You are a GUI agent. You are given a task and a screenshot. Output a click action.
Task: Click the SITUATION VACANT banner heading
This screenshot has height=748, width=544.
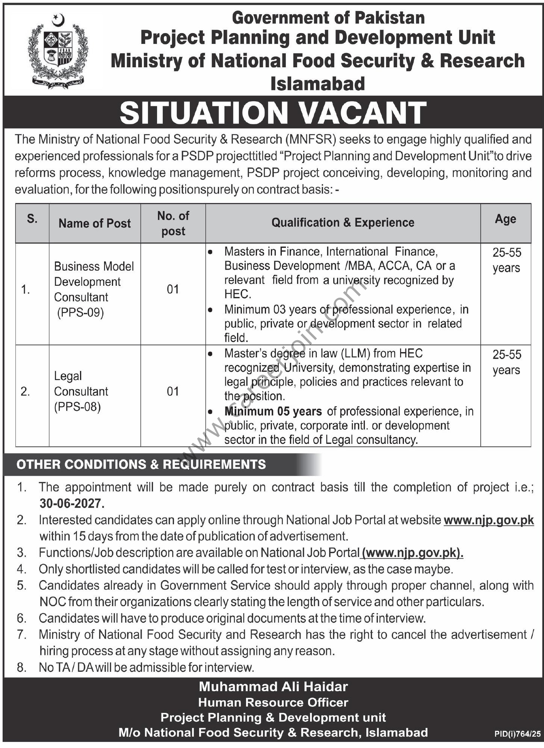273,112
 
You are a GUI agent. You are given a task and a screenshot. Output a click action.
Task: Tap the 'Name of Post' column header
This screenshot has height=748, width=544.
95,223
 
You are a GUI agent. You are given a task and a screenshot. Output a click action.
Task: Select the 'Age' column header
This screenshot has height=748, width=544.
505,219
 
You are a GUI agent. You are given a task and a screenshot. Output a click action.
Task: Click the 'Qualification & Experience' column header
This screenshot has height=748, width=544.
343,223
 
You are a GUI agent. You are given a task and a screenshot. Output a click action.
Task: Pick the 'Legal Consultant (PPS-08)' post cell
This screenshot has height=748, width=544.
81,391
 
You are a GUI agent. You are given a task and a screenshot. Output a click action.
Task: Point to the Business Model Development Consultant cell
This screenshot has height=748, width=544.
94,290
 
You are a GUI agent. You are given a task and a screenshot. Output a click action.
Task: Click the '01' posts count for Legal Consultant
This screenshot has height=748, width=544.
173,392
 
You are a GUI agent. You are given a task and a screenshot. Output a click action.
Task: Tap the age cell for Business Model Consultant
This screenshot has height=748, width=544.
506,260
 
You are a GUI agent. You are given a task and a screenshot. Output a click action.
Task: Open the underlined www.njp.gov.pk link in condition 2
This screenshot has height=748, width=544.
488,520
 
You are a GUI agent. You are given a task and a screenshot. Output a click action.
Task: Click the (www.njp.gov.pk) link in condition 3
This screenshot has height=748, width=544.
413,553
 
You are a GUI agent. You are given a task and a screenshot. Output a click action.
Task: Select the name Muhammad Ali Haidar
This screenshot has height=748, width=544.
273,687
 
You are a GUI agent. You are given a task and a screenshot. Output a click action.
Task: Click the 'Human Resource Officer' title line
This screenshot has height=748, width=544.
273,703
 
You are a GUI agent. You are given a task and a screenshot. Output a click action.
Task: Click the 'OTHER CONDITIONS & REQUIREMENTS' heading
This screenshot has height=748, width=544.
141,464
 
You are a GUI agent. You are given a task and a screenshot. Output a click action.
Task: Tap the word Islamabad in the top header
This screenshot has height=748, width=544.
318,84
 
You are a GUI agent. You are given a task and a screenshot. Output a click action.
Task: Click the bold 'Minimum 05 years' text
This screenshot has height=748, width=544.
273,412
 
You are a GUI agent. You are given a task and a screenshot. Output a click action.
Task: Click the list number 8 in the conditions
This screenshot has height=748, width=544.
22,667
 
